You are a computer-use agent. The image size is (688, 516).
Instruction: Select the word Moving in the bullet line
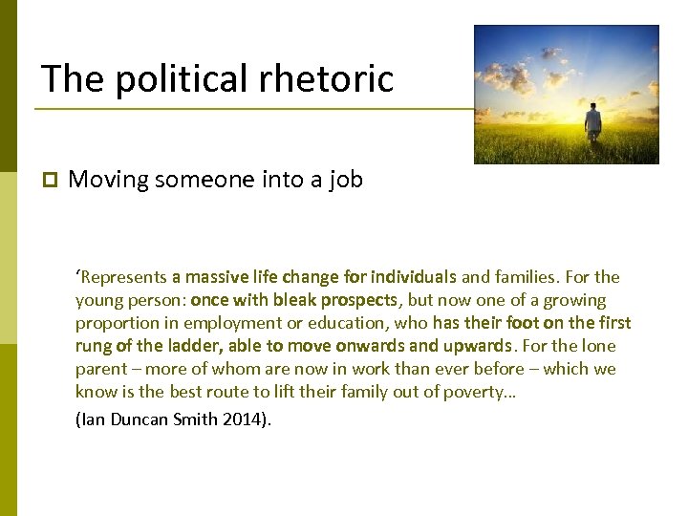click(108, 180)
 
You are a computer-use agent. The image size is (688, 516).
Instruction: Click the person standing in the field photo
click(593, 122)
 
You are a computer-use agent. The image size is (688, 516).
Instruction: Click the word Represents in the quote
click(121, 278)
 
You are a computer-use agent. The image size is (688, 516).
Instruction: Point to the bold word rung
click(93, 346)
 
